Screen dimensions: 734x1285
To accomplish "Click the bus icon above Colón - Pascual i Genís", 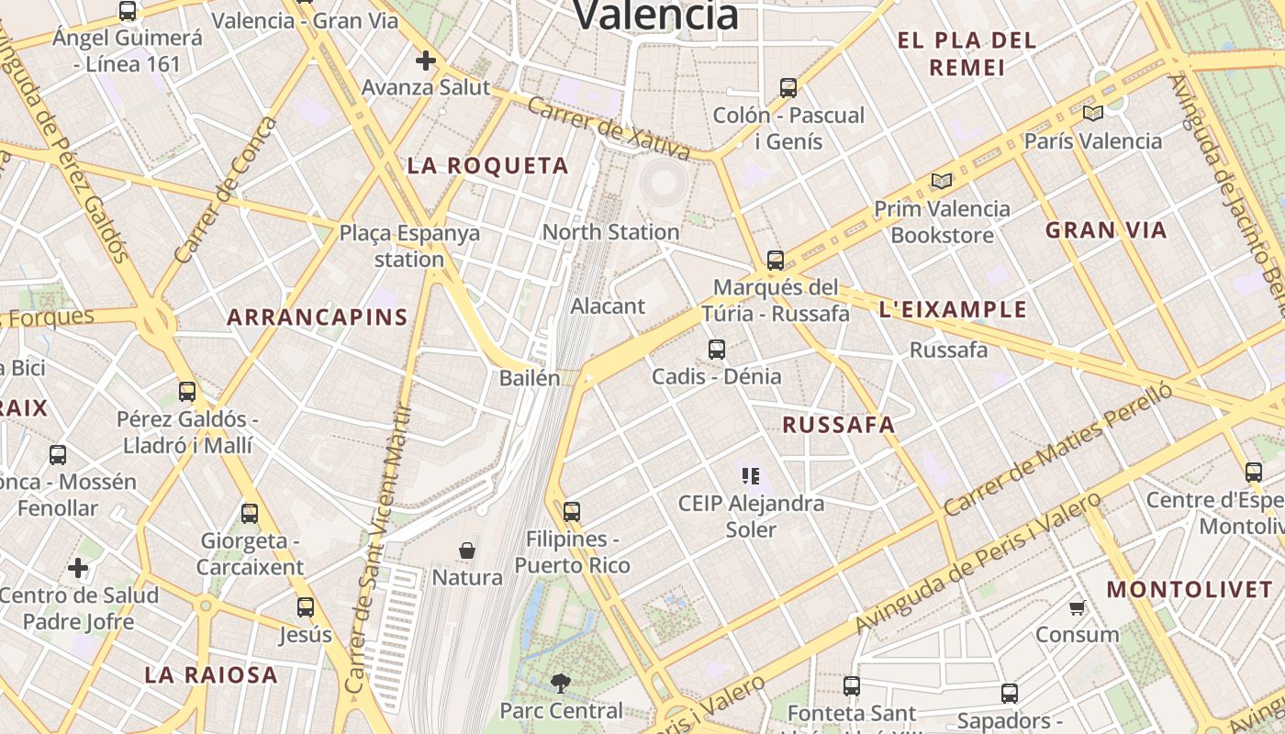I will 788,88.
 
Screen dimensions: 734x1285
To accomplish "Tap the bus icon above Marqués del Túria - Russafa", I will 776,261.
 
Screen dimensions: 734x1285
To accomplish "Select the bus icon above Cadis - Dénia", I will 717,350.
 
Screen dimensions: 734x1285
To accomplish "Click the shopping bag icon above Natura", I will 467,550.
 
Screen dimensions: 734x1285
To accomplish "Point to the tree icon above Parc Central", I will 560,683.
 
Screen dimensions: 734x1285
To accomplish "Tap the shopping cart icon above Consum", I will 1077,607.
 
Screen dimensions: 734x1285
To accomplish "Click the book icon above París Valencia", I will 1092,114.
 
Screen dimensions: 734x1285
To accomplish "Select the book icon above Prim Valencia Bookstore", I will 941,181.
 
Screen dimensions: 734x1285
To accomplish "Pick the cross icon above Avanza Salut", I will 425,61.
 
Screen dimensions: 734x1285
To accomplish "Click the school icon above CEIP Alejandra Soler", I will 751,475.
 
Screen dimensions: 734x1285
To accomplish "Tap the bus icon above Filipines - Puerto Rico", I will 572,512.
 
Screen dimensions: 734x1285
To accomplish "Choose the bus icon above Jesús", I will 306,607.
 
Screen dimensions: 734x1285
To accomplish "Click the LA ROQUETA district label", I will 488,166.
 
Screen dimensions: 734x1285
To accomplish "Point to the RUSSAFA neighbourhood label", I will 838,425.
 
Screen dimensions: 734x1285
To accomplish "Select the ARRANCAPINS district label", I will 318,317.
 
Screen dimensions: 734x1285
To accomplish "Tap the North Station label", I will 610,232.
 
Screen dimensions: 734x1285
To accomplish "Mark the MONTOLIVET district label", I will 1190,590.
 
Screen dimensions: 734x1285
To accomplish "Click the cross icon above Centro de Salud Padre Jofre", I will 78,569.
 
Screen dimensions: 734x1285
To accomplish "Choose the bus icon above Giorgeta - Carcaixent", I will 250,514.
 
